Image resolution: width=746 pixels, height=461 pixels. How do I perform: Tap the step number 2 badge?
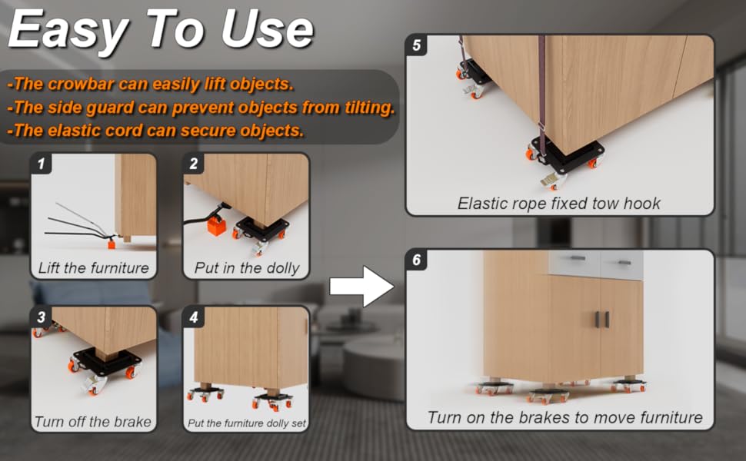194,163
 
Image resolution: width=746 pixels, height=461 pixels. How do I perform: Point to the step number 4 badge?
194,317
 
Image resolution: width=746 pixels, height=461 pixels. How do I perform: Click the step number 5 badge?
417,45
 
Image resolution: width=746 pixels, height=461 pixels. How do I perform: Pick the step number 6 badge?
417,260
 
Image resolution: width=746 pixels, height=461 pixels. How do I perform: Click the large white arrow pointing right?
361,287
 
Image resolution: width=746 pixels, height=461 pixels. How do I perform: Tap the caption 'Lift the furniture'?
93,268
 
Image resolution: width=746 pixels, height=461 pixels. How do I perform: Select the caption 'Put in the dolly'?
245,268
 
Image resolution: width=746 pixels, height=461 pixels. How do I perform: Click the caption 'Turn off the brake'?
93,422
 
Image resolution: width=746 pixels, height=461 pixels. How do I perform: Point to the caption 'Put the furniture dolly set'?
245,423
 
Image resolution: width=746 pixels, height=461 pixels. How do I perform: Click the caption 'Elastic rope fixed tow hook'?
559,204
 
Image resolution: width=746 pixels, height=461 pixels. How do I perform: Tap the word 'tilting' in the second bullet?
368,108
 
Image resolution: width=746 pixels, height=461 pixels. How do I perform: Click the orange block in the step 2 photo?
217,227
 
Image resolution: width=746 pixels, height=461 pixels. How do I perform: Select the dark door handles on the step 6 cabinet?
601,318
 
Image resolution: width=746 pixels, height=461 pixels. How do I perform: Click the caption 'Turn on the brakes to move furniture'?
564,418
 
